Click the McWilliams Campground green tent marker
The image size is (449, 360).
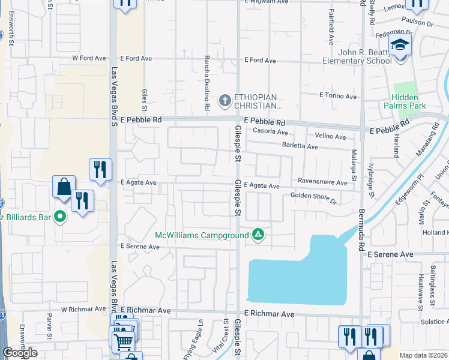(258, 234)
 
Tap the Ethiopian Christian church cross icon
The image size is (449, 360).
(225, 100)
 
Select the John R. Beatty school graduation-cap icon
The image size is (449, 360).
(399, 46)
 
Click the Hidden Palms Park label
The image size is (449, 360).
(409, 102)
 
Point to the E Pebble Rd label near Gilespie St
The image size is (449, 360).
(265, 122)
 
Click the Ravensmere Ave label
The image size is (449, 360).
(322, 182)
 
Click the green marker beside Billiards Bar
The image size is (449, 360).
(60, 216)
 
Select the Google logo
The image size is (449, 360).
(20, 353)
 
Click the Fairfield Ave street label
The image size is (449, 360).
(331, 31)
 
